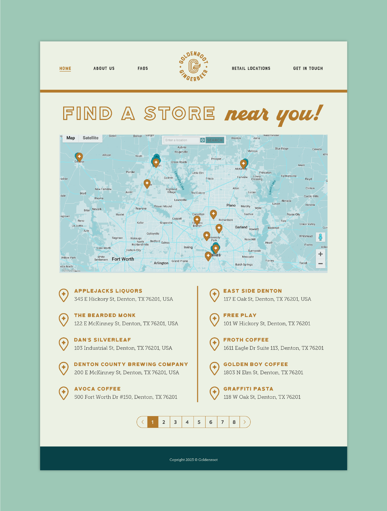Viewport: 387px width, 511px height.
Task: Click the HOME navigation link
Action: click(65, 68)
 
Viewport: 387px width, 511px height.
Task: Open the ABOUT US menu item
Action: click(104, 68)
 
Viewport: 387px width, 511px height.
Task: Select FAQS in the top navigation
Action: click(143, 68)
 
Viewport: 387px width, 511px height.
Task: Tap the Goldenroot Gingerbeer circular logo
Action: click(194, 66)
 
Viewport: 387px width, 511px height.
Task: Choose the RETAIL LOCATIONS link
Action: click(251, 68)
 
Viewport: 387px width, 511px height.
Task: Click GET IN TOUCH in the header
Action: click(308, 68)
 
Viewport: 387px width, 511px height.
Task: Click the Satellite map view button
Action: click(90, 138)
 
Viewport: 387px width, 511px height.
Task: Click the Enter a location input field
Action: click(182, 140)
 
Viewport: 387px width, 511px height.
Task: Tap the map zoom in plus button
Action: click(320, 254)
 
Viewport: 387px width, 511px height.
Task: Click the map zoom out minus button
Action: click(320, 264)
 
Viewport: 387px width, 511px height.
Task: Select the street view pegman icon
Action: click(320, 237)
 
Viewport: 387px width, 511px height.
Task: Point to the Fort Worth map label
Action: click(123, 259)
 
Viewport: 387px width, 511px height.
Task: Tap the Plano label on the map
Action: click(231, 205)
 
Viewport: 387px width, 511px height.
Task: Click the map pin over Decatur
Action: click(79, 157)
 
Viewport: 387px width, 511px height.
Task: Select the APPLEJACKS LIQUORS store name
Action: click(108, 291)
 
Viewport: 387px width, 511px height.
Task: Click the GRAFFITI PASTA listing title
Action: click(248, 389)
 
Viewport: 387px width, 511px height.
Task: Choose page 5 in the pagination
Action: click(199, 422)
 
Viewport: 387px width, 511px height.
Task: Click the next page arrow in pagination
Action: click(245, 422)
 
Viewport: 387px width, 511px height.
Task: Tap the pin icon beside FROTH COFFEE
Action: click(214, 344)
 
